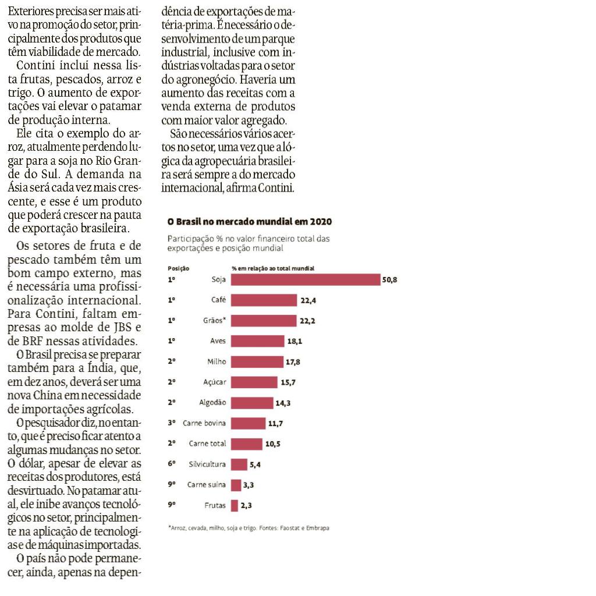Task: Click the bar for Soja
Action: [306, 280]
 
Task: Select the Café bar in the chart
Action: [264, 300]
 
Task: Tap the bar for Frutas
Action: [235, 506]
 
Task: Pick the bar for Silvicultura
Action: [239, 464]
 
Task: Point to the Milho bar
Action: [257, 362]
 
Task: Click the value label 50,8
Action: [389, 280]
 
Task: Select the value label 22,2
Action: [307, 321]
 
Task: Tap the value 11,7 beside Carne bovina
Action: [275, 424]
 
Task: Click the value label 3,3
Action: [249, 485]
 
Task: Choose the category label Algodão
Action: [212, 403]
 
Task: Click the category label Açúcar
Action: [215, 382]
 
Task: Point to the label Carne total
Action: [208, 444]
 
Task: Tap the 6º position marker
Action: [172, 464]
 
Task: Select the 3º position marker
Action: [172, 423]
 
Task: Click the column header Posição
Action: [179, 268]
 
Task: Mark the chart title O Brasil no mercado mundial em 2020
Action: [250, 222]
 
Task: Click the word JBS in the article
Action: [123, 327]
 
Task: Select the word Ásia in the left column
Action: [17, 188]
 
